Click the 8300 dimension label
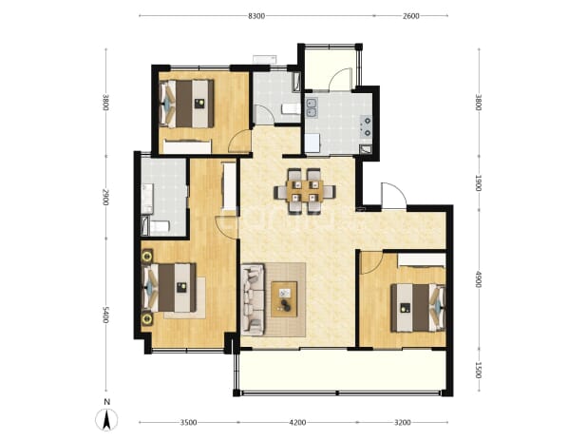(x=256, y=16)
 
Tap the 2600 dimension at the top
(x=411, y=16)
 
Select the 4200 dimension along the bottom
(x=297, y=423)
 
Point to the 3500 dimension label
(x=188, y=423)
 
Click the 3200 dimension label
(x=403, y=423)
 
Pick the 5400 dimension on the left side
(x=105, y=315)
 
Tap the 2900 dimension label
(x=105, y=197)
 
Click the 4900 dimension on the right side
(x=478, y=278)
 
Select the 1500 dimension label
(x=478, y=370)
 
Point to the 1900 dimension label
(x=478, y=182)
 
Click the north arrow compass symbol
(x=106, y=419)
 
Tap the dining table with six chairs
(x=304, y=191)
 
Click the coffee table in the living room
(x=284, y=299)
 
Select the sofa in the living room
(x=253, y=299)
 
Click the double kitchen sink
(x=312, y=107)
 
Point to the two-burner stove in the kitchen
(x=367, y=126)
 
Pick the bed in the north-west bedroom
(x=187, y=104)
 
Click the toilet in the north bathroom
(x=291, y=109)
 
